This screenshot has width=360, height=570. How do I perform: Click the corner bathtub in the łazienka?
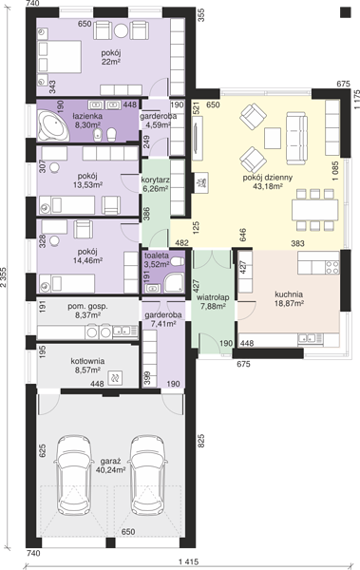53,125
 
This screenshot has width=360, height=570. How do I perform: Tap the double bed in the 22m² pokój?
59,57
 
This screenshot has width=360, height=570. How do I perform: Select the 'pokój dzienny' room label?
268,178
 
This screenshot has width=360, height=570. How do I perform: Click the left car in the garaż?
73,475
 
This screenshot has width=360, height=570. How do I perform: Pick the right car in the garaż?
149,475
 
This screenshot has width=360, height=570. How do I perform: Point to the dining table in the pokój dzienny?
315,210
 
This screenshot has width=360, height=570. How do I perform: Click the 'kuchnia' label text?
289,294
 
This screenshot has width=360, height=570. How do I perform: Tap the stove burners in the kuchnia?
332,268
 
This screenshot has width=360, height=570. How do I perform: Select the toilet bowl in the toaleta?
177,262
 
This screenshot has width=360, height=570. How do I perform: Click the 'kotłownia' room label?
87,361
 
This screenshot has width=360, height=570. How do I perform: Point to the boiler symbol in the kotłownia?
116,378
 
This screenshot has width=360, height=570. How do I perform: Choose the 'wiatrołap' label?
213,297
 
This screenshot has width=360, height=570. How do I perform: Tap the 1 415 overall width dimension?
188,562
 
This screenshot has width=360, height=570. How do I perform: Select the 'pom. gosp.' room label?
87,307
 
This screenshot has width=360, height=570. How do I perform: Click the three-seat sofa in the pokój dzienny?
296,138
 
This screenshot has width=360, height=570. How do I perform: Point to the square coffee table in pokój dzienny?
273,138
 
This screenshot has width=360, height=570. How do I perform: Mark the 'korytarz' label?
155,180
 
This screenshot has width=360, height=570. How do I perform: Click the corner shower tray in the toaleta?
174,283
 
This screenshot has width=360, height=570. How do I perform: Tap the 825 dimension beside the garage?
201,441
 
